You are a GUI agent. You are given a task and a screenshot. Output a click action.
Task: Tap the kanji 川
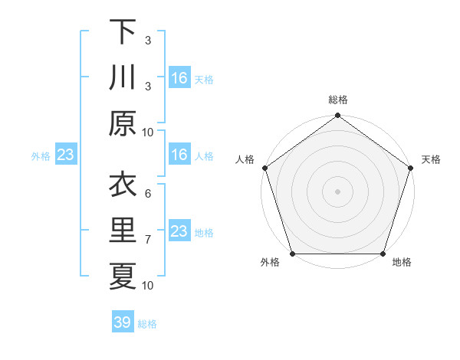pos(123,78)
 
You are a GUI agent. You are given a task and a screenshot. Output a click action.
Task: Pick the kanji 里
pos(123,231)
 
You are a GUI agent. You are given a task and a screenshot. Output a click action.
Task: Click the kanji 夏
pos(123,277)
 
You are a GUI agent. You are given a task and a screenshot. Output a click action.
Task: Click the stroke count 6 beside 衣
pos(148,194)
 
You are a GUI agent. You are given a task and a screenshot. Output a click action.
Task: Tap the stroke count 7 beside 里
pos(148,240)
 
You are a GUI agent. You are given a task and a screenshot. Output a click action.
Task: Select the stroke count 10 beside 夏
pos(148,286)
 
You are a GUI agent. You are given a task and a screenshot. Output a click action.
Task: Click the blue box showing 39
pos(123,322)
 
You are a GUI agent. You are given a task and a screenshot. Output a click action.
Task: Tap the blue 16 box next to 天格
pos(179,78)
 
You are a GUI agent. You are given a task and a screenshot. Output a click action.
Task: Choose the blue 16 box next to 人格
pos(179,155)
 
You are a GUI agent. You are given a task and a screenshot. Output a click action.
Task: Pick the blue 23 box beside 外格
pos(66,155)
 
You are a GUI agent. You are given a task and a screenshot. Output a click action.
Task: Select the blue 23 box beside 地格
pos(179,231)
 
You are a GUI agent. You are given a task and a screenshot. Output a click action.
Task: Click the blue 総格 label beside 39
pos(147,324)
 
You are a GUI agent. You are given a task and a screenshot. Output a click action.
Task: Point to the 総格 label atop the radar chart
pos(337,100)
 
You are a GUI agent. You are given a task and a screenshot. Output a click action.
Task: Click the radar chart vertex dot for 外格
pos(292,254)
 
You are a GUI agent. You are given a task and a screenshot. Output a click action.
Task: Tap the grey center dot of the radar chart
pos(337,191)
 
